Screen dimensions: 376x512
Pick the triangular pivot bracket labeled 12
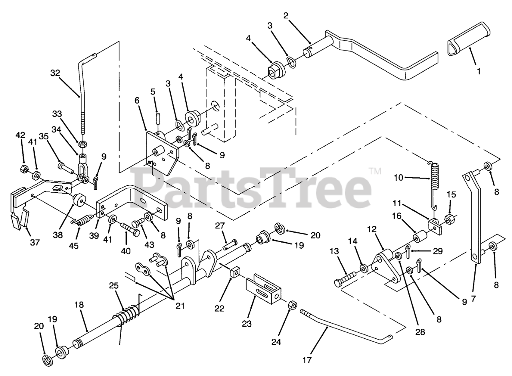[x=386, y=266]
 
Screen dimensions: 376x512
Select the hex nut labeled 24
[x=292, y=306]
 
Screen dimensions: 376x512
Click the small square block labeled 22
[x=235, y=273]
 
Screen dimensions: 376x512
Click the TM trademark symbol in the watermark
[x=375, y=171]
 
